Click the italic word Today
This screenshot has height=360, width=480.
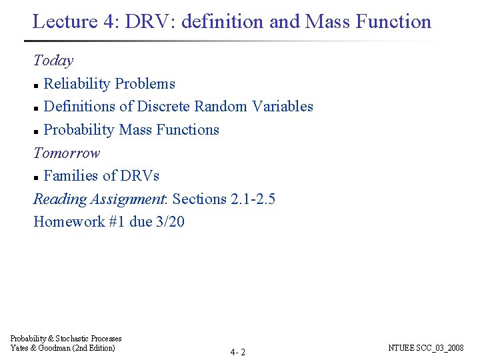click(53, 61)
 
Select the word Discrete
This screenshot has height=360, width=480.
click(165, 107)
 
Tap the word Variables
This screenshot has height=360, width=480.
click(281, 107)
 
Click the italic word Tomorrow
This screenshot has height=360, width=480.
click(67, 153)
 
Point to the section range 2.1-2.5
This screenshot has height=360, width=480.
click(253, 199)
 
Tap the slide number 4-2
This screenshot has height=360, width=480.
click(238, 352)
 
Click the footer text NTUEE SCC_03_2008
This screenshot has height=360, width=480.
click(425, 348)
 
